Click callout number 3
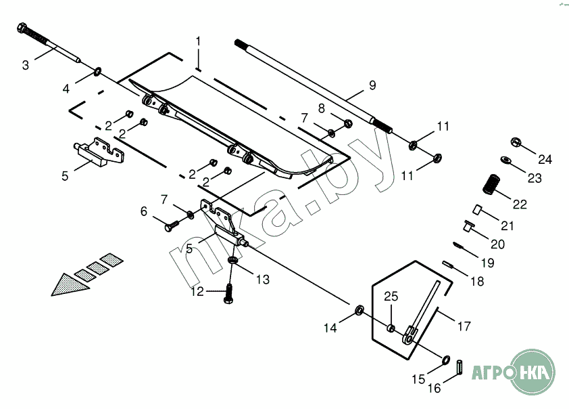click(26, 66)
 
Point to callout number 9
click(372, 85)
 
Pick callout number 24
click(545, 160)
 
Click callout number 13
click(262, 279)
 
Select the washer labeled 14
click(360, 310)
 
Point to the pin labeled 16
click(459, 366)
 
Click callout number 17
click(464, 326)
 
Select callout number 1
click(198, 41)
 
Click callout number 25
click(391, 297)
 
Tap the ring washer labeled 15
click(447, 359)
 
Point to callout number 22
click(519, 204)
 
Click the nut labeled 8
click(347, 123)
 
